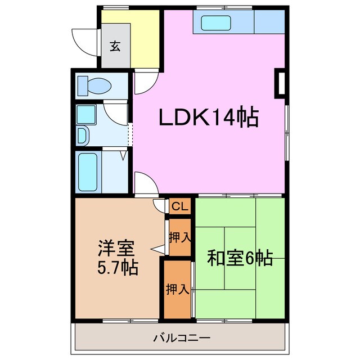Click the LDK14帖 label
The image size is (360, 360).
209,118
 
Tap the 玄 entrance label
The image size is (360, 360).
115,46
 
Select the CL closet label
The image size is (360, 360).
179,206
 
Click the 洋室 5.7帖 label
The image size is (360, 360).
117,256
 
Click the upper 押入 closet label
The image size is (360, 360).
179,237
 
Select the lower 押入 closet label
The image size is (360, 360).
177,289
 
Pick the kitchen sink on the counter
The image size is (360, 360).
216,22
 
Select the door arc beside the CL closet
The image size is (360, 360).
159,205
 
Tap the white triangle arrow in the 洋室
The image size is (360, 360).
157,249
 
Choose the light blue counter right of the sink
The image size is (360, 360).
269,22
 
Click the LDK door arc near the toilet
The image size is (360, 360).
143,83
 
